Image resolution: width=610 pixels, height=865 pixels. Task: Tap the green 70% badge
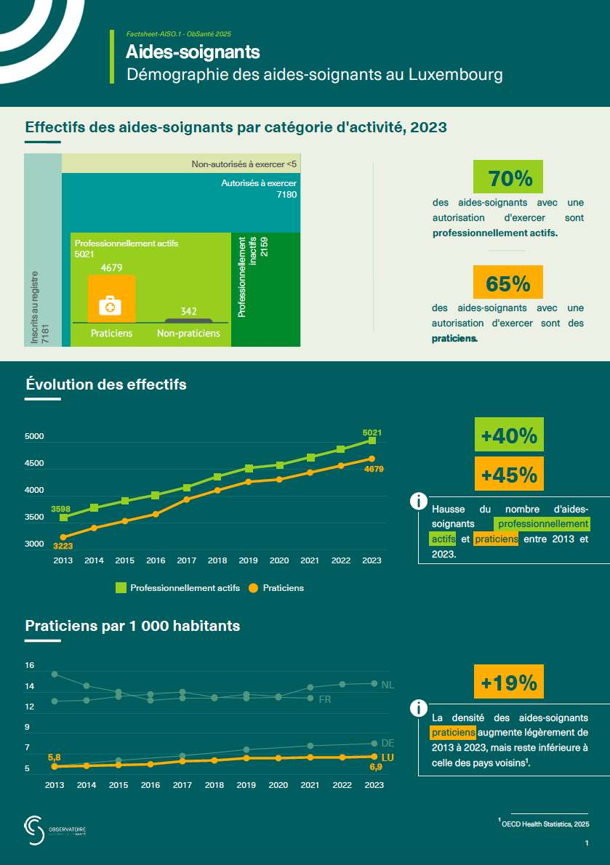[508, 178]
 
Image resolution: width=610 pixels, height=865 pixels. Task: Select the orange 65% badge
[508, 283]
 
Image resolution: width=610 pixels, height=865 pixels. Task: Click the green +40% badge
[509, 435]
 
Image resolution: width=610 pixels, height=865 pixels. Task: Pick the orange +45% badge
[509, 475]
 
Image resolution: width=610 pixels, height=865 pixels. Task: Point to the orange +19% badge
[509, 683]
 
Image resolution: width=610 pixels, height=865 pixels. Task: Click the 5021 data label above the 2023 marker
[372, 432]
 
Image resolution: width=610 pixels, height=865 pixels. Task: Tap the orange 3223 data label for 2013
[63, 546]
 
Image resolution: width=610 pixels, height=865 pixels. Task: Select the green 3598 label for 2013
[61, 509]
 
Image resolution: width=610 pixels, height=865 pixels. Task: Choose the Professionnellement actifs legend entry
[177, 588]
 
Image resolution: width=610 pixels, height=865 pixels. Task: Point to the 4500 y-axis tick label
[34, 464]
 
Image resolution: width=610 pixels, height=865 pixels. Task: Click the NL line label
[388, 685]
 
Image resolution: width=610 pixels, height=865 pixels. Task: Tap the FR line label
[325, 699]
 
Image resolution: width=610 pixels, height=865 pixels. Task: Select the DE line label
[388, 743]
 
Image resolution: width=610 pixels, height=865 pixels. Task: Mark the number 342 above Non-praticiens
[189, 311]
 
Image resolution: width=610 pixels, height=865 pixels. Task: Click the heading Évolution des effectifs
[106, 385]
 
